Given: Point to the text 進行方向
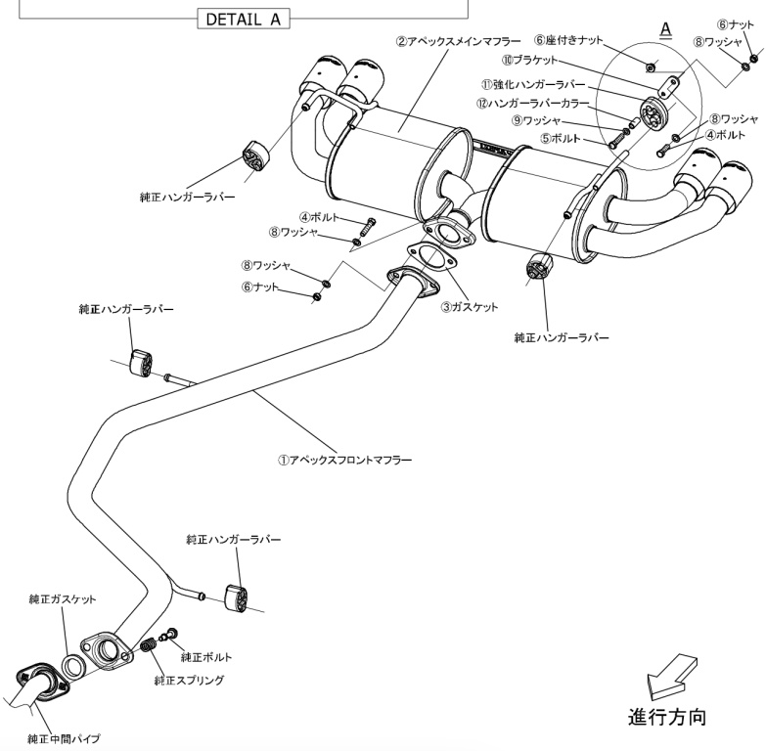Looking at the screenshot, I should pyautogui.click(x=665, y=717).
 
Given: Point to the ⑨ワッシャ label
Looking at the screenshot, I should pyautogui.click(x=541, y=119).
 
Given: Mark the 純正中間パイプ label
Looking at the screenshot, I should pyautogui.click(x=63, y=738).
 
